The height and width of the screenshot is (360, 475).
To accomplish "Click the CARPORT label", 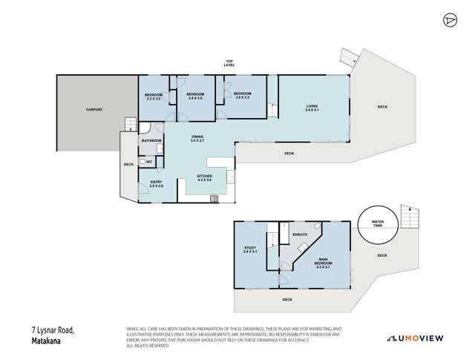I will coord(94,110).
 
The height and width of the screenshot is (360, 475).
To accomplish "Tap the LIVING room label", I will coord(313,108).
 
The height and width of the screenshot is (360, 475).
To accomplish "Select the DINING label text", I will coord(197,137).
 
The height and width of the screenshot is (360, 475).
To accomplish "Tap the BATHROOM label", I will coord(151,140).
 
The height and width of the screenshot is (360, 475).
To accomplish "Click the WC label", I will coord(149,160).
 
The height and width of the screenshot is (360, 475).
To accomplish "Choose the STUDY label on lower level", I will coord(249,250).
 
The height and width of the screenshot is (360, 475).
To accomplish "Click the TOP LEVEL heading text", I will coord(229,63).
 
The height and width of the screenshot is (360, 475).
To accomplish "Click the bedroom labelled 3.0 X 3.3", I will coord(243,96).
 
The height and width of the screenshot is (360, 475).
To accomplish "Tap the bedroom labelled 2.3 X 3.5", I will coord(152,96).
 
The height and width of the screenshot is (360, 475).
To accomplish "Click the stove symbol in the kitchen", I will coord(214,197).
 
